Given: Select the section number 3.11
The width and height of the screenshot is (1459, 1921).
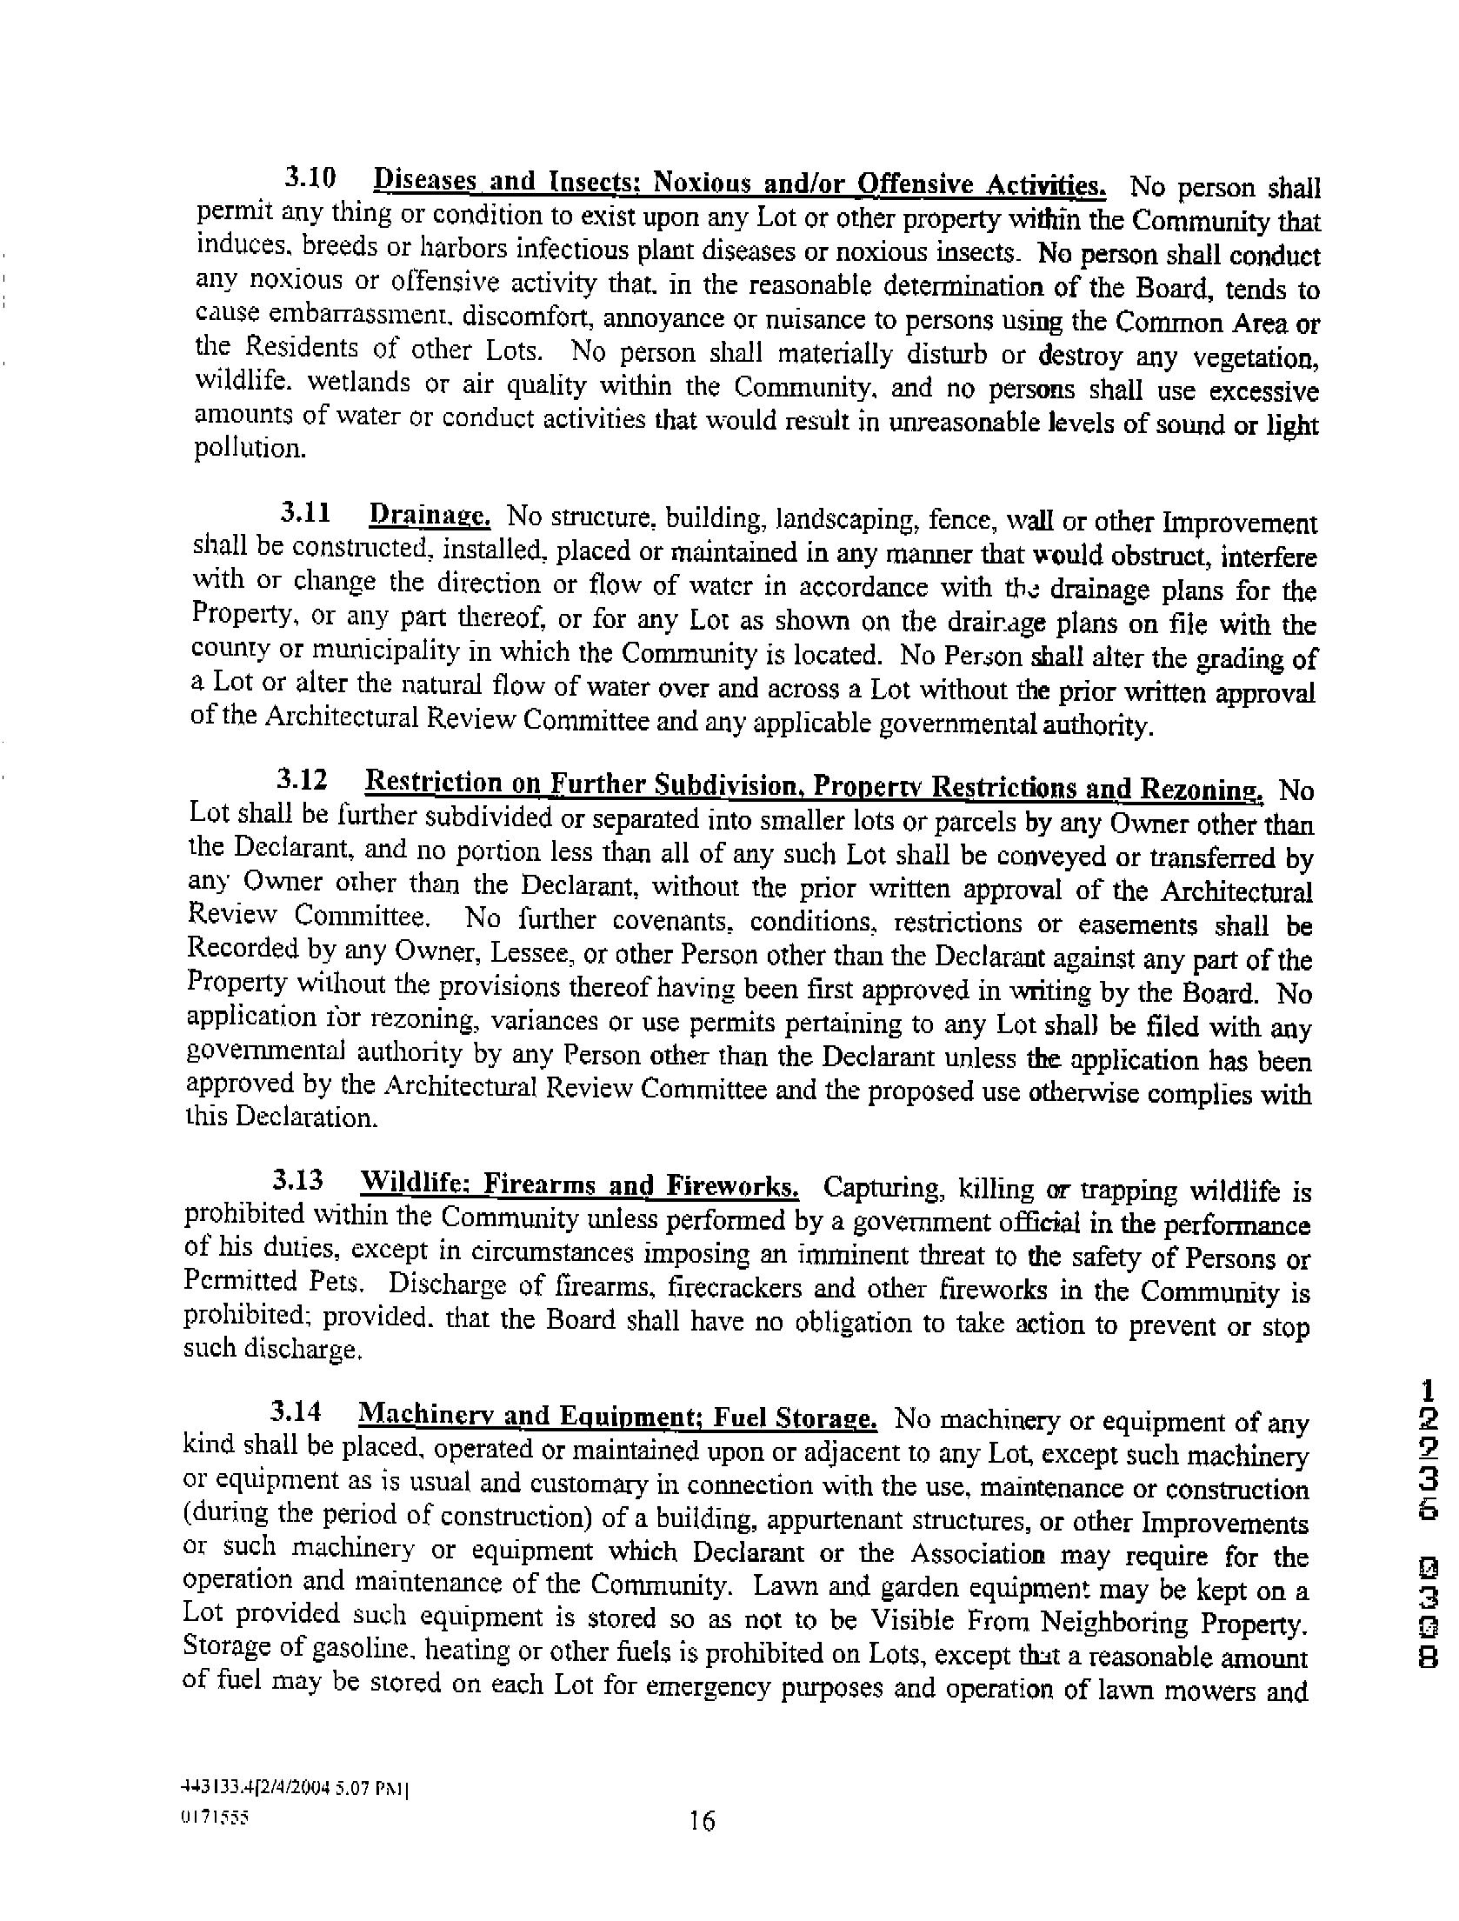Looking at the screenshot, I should coord(305,514).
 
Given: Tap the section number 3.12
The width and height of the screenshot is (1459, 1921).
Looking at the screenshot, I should coord(303,780).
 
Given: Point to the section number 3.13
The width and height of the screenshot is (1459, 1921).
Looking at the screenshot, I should coord(298,1180).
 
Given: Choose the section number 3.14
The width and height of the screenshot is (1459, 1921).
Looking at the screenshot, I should coord(296,1414).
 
